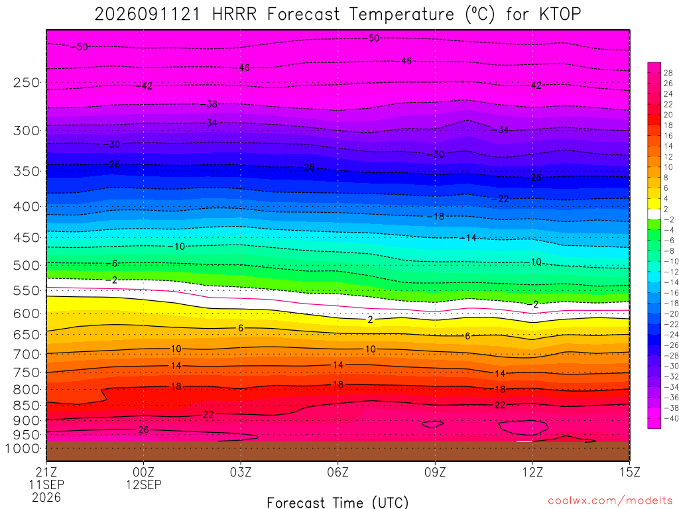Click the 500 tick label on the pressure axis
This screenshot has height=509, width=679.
[x=26, y=265]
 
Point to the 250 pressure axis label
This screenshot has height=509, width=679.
[x=26, y=82]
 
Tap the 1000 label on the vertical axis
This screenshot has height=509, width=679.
[x=22, y=449]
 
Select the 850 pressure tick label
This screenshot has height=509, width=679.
[x=26, y=406]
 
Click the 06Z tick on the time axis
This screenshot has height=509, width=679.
[x=338, y=472]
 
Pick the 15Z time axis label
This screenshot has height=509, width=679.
[x=629, y=472]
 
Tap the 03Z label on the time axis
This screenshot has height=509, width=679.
[x=241, y=472]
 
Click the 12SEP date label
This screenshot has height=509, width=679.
[x=144, y=484]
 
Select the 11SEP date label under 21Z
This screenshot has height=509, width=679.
[x=46, y=484]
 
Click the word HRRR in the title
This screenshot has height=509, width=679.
[x=234, y=15]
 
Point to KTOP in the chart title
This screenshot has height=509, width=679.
[x=560, y=15]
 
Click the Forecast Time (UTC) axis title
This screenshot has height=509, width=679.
[x=338, y=502]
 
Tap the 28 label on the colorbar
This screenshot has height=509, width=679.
[x=668, y=73]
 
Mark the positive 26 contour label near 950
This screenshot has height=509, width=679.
[x=143, y=429]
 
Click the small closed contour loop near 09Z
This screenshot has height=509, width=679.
[x=432, y=425]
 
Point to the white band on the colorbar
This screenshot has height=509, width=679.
[x=654, y=214]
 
